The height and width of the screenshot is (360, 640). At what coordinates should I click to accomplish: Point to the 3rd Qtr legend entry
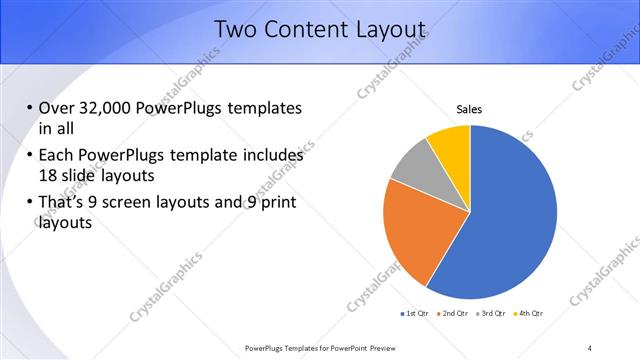tap(491, 314)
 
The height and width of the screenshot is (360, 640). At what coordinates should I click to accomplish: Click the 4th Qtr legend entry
tap(528, 314)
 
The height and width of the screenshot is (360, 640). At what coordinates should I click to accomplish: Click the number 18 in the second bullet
tap(48, 175)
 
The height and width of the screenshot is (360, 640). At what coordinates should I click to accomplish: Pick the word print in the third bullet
tap(277, 203)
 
